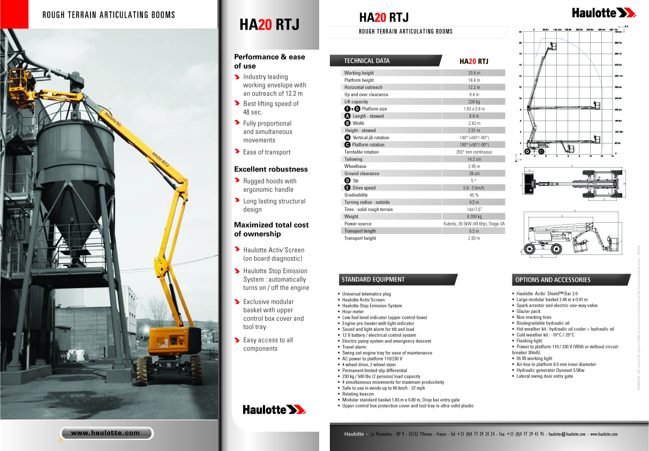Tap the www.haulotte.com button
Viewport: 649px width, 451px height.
tap(105, 433)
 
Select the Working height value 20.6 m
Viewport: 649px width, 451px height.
tap(474, 73)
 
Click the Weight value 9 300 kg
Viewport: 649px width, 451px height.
tap(474, 216)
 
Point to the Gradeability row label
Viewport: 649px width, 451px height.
tap(356, 195)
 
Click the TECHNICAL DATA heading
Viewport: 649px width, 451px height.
tap(367, 61)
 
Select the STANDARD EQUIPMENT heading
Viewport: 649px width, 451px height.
tap(373, 280)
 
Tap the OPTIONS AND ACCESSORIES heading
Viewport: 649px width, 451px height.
tap(553, 280)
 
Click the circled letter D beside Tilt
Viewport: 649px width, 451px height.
tap(348, 181)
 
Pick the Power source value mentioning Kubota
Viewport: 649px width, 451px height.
tap(474, 224)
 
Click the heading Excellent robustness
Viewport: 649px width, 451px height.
tap(271, 169)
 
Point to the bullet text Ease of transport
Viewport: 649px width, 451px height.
tap(267, 152)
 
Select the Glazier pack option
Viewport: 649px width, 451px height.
tap(529, 311)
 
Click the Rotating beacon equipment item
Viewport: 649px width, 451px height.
tap(358, 394)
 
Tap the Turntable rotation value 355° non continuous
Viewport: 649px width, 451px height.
tap(474, 152)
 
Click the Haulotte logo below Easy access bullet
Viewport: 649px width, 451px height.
tap(274, 410)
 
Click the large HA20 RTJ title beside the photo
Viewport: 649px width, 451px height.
tap(269, 25)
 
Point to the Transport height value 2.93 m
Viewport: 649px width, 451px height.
tap(474, 238)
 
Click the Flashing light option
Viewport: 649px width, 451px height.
tap(529, 341)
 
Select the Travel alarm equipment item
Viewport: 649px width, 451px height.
tap(354, 347)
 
